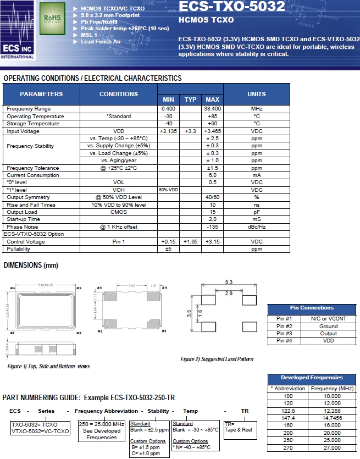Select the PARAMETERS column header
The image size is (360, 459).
(x=42, y=94)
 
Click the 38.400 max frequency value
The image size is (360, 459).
(x=212, y=109)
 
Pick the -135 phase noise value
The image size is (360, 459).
(x=212, y=226)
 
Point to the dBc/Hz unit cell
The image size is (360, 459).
(x=256, y=226)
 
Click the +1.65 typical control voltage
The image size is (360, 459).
(x=190, y=241)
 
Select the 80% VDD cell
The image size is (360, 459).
(x=168, y=190)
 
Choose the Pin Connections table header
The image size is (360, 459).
(x=312, y=308)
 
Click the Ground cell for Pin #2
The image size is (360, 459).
(x=329, y=326)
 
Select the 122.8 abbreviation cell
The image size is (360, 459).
(x=288, y=411)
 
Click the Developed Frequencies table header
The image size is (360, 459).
(x=312, y=378)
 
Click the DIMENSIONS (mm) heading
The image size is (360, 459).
(x=31, y=266)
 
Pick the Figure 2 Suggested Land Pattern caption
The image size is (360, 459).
(x=217, y=359)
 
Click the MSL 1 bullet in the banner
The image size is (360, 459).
(x=90, y=35)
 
